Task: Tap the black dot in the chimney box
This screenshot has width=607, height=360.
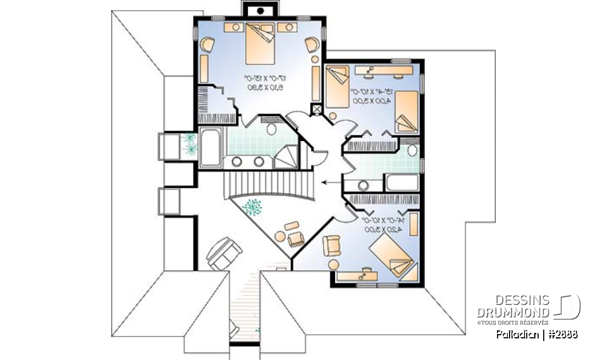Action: click(x=259, y=11)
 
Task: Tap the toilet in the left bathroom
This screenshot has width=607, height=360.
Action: click(x=272, y=129)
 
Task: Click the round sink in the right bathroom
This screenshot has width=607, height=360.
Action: click(x=364, y=186)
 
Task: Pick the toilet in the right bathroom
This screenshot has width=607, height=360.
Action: click(x=412, y=151)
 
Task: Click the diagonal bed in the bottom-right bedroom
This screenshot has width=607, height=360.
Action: click(x=392, y=256)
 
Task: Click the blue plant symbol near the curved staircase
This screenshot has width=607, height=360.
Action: click(x=254, y=207)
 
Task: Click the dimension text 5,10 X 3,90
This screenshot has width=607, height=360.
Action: click(x=264, y=87)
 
